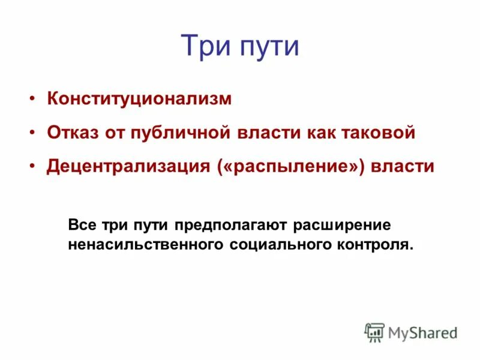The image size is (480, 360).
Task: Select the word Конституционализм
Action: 139,99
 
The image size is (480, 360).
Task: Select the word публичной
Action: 178,133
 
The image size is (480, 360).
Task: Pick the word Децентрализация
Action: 128,166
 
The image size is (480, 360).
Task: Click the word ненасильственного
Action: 146,245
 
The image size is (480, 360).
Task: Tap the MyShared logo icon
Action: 374,332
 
